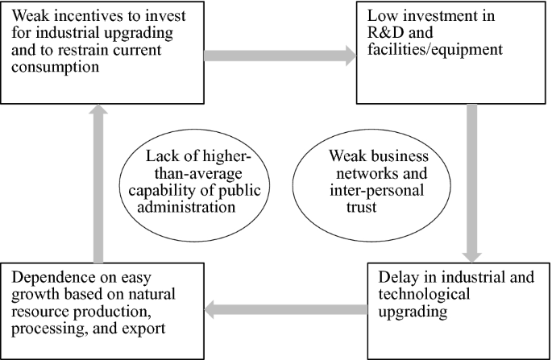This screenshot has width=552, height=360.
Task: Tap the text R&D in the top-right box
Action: pyautogui.click(x=388, y=35)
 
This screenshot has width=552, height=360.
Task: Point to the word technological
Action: pyautogui.click(x=417, y=294)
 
